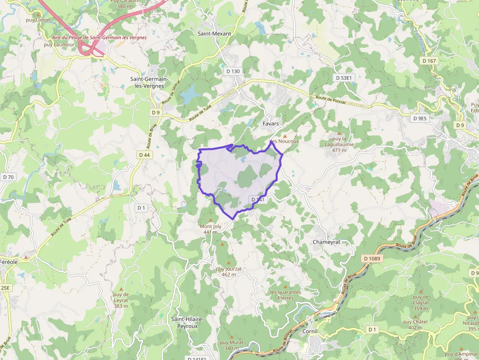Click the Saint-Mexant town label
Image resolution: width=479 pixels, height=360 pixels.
click(x=214, y=34)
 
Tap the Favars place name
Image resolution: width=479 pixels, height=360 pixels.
click(x=271, y=124)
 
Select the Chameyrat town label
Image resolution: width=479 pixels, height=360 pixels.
click(x=326, y=242)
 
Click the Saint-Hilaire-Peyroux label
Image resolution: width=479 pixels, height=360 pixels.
click(x=188, y=322)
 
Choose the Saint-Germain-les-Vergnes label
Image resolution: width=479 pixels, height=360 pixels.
click(x=150, y=82)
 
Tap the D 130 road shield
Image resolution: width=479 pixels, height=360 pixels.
click(x=233, y=71)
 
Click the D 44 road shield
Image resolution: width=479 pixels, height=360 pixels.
click(x=144, y=155)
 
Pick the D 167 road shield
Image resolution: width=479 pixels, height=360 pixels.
click(x=428, y=61)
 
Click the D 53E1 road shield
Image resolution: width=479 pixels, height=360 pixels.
click(x=344, y=78)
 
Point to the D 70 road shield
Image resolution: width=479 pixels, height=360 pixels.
click(x=8, y=177)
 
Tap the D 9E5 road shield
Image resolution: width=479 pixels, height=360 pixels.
click(x=419, y=118)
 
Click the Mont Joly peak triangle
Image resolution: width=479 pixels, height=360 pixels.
click(x=211, y=220)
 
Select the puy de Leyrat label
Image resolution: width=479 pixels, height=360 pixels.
click(x=121, y=297)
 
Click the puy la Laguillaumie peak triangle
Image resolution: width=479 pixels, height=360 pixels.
click(x=339, y=132)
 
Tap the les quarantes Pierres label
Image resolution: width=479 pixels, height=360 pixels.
click(x=285, y=295)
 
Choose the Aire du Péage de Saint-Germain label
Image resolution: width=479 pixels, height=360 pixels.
click(x=92, y=38)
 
